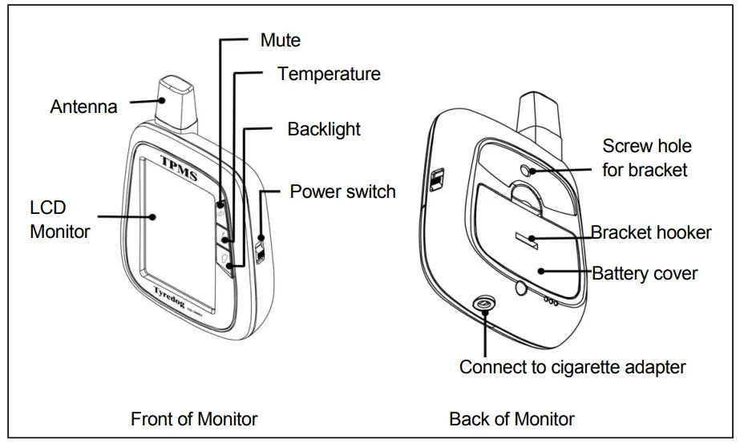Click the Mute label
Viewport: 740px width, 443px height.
[281, 39]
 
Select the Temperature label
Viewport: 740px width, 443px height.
[329, 75]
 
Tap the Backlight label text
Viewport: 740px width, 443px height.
[324, 129]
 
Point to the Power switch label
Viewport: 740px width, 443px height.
[342, 191]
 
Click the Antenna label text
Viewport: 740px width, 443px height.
[83, 107]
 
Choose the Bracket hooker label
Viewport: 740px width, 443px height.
[651, 232]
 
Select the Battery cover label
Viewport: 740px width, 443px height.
[645, 273]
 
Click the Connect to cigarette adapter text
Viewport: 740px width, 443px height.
[572, 367]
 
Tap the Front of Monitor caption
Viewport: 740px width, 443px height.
[194, 418]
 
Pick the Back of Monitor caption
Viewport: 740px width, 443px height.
[512, 418]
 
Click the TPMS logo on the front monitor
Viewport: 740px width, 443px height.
[179, 164]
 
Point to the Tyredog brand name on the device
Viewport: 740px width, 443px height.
[175, 293]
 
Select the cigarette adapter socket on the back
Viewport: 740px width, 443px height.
[484, 304]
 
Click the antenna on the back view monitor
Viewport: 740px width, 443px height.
[539, 112]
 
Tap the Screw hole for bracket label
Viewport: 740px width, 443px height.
[646, 158]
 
